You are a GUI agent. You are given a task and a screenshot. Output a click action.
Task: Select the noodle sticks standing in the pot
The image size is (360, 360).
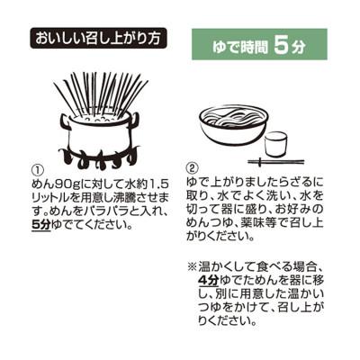99,90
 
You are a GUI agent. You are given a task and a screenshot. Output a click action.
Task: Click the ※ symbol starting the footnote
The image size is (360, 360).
191,267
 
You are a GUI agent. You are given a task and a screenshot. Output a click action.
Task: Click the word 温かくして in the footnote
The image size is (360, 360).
224,267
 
